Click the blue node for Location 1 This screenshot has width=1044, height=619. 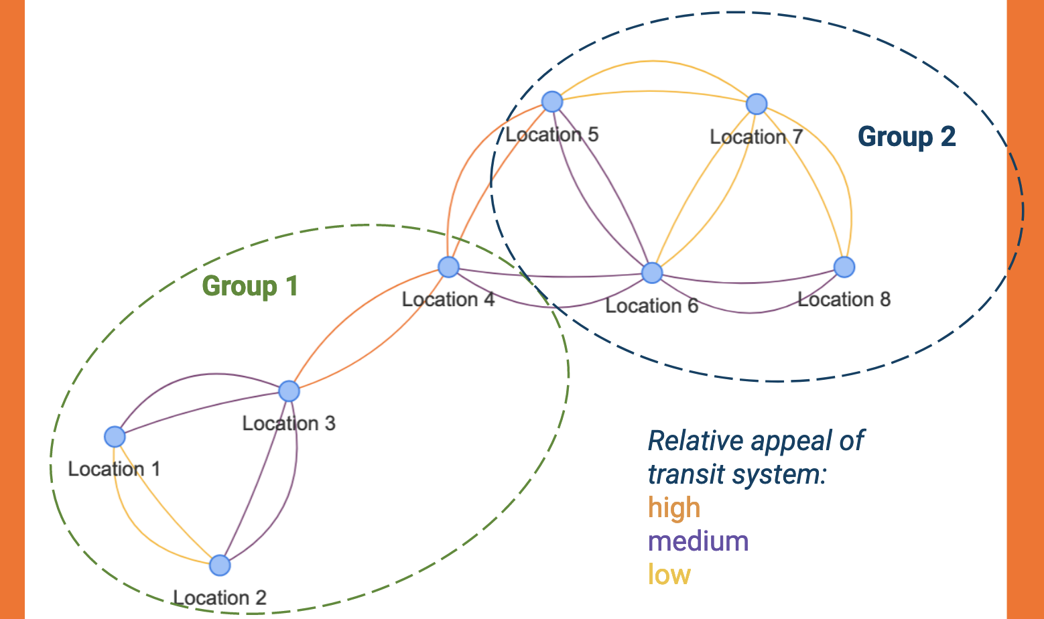pyautogui.click(x=115, y=437)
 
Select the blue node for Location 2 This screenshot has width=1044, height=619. pyautogui.click(x=220, y=565)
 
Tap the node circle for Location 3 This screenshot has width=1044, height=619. pyautogui.click(x=289, y=391)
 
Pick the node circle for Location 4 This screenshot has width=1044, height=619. pyautogui.click(x=448, y=267)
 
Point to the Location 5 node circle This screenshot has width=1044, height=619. pyautogui.click(x=552, y=102)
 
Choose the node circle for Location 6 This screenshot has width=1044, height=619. pyautogui.click(x=652, y=273)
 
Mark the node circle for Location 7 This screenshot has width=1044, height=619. pyautogui.click(x=757, y=104)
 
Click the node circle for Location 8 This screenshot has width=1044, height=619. pyautogui.click(x=844, y=267)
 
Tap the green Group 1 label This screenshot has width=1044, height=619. pyautogui.click(x=250, y=286)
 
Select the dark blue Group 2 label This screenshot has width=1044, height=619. pyautogui.click(x=907, y=137)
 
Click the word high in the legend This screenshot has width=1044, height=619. pyautogui.click(x=674, y=508)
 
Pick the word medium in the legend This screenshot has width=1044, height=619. pyautogui.click(x=698, y=541)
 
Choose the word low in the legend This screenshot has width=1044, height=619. pyautogui.click(x=669, y=575)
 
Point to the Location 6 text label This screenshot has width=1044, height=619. pyautogui.click(x=652, y=306)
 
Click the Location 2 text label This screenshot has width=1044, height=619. pyautogui.click(x=220, y=598)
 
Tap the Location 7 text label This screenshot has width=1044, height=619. pyautogui.click(x=757, y=137)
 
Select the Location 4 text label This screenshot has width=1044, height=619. pyautogui.click(x=448, y=299)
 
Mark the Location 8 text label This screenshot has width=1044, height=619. pyautogui.click(x=844, y=299)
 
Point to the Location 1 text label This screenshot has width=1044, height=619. pyautogui.click(x=115, y=469)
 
